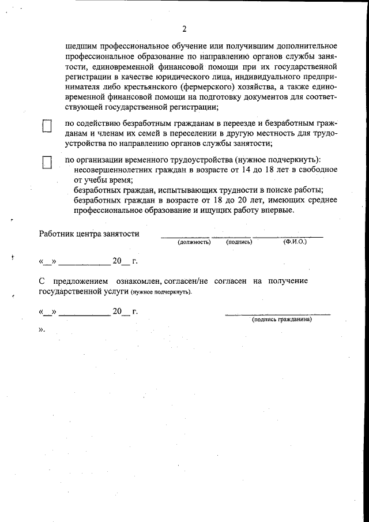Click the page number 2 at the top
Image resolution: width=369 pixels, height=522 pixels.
(184, 29)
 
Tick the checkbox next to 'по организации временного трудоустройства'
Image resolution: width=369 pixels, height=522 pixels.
(47, 162)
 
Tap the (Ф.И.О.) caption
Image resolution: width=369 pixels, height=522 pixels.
(295, 242)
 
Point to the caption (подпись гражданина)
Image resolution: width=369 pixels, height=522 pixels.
(281, 319)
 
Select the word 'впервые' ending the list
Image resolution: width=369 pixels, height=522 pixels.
(278, 211)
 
